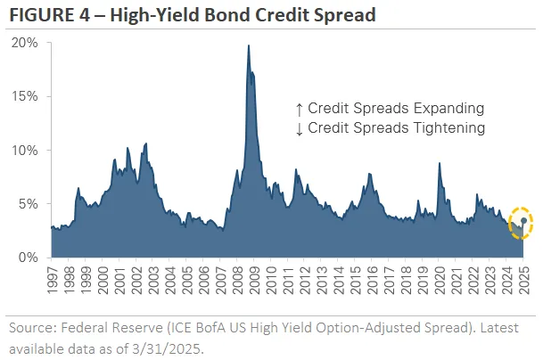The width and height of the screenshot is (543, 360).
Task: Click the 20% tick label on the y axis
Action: coord(26,43)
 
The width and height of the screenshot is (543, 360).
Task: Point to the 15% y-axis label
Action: coord(26,96)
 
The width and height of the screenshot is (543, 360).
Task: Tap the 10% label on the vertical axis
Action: coord(26,150)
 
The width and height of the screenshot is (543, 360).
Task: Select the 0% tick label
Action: coord(29,257)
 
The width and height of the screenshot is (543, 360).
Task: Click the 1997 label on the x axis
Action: coord(53,282)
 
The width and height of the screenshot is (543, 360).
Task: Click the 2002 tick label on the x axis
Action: coord(136,282)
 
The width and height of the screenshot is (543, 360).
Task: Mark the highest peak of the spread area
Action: coord(248,46)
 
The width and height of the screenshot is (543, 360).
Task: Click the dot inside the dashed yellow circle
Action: coord(523,221)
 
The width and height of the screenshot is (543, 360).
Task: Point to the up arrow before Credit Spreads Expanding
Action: coord(300,109)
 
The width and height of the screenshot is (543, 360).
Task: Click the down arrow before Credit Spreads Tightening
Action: coord(300,128)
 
